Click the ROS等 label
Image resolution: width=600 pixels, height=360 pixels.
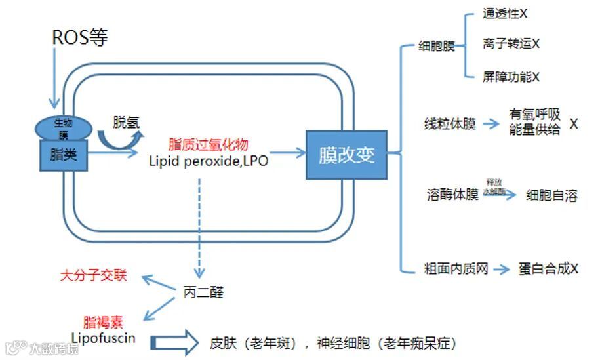79,37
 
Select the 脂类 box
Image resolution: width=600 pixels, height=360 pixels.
64,155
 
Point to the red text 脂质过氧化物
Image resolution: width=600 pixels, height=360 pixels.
208,144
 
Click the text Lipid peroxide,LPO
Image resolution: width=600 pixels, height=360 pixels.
208,160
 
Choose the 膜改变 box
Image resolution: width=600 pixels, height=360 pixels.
346,155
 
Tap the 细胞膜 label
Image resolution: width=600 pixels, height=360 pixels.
436,47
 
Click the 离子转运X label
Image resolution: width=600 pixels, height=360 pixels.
511,44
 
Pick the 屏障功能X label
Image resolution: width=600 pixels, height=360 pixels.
511,77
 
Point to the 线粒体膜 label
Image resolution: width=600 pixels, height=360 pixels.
450,124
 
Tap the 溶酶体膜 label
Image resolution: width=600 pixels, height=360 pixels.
452,195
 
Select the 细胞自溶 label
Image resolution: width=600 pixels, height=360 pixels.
551,195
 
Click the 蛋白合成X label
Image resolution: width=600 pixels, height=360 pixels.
548,269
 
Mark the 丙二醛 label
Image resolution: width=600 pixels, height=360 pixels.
203,292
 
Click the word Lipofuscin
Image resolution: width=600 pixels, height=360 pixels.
103,338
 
